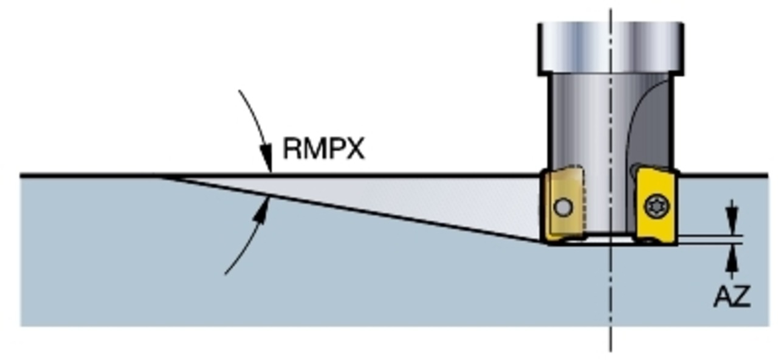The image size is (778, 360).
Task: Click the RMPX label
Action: click(x=324, y=149)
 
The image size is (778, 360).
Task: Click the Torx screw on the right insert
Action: click(x=657, y=206)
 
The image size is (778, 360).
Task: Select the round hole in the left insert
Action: click(x=563, y=207)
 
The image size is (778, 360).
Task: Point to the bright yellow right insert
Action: click(x=655, y=206)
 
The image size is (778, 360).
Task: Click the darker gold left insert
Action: click(x=563, y=206)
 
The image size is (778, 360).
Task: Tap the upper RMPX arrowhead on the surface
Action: click(x=266, y=158)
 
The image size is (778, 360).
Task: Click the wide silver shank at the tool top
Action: click(x=611, y=49)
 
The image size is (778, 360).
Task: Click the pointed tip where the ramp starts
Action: click(x=160, y=177)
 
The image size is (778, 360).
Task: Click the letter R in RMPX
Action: click(x=292, y=149)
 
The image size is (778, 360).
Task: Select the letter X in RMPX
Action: click(x=355, y=149)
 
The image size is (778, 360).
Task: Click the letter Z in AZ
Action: click(x=742, y=296)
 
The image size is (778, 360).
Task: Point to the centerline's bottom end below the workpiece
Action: click(x=611, y=351)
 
